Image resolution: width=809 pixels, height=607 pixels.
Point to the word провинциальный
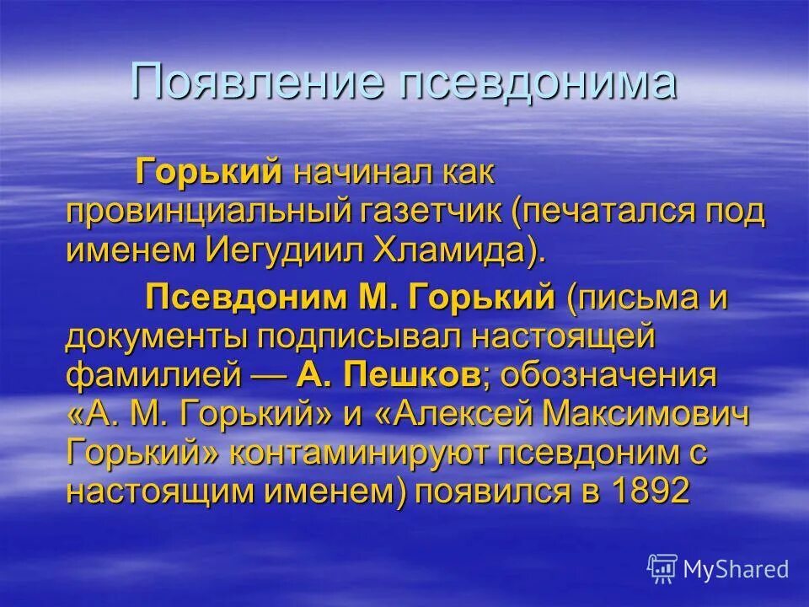tap(202, 212)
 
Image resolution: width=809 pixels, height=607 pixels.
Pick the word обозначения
tap(608, 375)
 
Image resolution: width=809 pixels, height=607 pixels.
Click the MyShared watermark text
tap(736, 569)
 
